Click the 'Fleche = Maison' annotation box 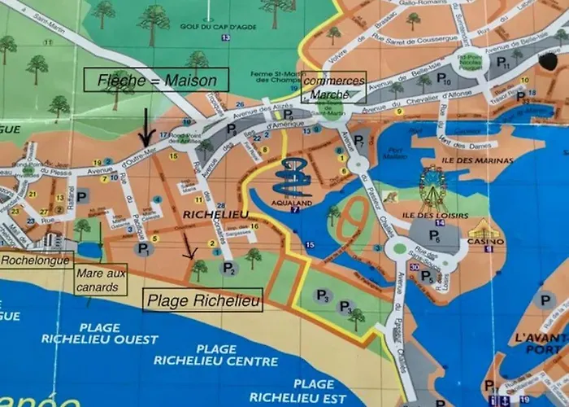click(156, 81)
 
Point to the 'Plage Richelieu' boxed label click(203, 302)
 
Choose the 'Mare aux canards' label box click(102, 280)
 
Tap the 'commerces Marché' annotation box click(332, 86)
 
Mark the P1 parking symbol click(144, 251)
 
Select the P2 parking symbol click(230, 269)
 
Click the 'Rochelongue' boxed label click(34, 260)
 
